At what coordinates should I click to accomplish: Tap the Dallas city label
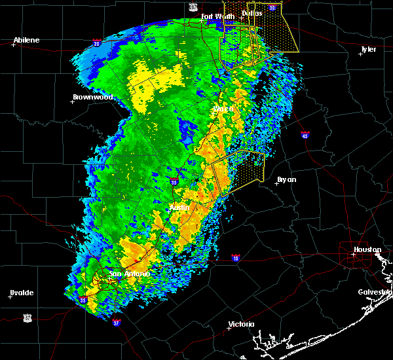(x=252, y=13)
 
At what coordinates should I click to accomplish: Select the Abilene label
(x=26, y=40)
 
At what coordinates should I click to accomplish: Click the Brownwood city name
(x=93, y=97)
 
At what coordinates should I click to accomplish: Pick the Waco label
(x=223, y=108)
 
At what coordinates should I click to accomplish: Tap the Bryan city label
(x=286, y=179)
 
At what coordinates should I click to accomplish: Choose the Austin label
(x=179, y=207)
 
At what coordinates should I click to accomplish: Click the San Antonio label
(x=130, y=274)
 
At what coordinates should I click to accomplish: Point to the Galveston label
(x=374, y=292)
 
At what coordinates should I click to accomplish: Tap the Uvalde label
(x=22, y=293)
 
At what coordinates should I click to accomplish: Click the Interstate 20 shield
(x=97, y=44)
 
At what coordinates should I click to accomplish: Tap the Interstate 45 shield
(x=305, y=135)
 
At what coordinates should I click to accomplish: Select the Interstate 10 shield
(x=236, y=258)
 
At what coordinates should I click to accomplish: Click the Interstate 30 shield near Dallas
(x=272, y=7)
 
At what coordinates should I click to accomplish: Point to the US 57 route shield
(x=27, y=317)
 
